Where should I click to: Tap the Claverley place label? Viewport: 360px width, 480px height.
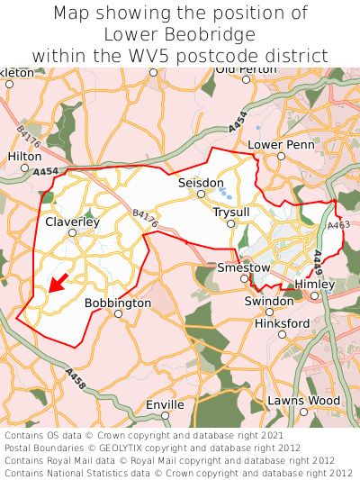pyautogui.click(x=72, y=221)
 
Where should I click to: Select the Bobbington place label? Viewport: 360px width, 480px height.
pyautogui.click(x=118, y=303)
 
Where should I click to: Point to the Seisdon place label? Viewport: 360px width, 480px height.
pyautogui.click(x=201, y=182)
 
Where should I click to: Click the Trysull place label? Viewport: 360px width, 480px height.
pyautogui.click(x=230, y=212)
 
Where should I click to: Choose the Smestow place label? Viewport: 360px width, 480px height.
pyautogui.click(x=243, y=267)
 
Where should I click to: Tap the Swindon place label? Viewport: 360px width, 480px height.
pyautogui.click(x=269, y=300)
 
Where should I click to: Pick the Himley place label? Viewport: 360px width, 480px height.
pyautogui.click(x=314, y=284)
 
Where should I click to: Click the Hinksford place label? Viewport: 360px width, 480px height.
pyautogui.click(x=282, y=322)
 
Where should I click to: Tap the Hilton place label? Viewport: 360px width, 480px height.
pyautogui.click(x=25, y=156)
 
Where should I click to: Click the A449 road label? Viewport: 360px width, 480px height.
pyautogui.click(x=319, y=264)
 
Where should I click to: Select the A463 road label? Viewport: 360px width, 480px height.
pyautogui.click(x=339, y=225)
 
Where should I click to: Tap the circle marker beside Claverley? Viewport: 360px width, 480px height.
pyautogui.click(x=73, y=232)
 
